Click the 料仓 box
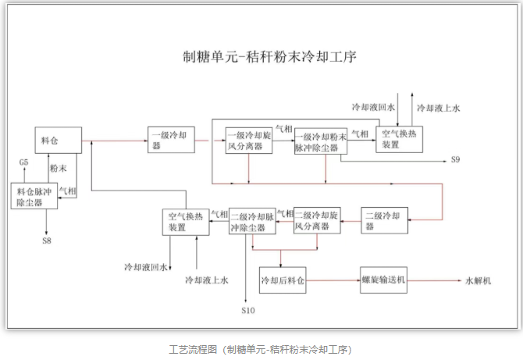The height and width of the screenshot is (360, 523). point(59,140)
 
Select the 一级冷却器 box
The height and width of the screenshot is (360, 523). point(171,140)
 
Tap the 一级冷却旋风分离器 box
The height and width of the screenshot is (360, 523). point(249,141)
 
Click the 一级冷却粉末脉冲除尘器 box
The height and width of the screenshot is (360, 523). point(321,141)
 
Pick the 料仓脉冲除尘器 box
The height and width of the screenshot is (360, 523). point(34,196)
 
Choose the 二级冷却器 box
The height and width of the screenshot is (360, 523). point(384,220)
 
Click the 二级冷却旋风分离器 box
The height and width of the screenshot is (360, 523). point(317,220)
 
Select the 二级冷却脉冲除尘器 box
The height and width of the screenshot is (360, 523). point(252,221)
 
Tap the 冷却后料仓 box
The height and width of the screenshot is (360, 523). point(283,280)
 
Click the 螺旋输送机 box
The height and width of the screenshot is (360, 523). point(383,280)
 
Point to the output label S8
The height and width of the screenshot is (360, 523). point(47,241)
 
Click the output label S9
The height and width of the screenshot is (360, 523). point(455,159)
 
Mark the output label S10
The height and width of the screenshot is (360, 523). point(248,311)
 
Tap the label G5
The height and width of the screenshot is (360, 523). point(23,162)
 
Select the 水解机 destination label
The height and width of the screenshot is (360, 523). point(479,281)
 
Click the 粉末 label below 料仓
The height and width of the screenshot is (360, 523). point(59,168)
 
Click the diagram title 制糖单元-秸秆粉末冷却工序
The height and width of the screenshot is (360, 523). point(269,57)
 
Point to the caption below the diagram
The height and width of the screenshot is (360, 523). point(261,349)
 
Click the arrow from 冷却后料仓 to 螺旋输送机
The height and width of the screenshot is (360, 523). point(333,280)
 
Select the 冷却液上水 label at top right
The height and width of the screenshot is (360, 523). point(439,108)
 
